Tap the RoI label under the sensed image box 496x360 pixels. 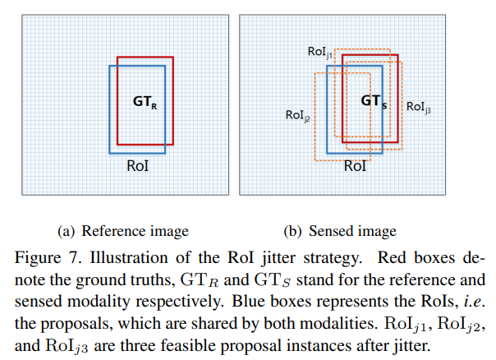point(355,165)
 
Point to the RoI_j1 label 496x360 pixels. point(320,53)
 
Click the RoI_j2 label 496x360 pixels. point(297,117)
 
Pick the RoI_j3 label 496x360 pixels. point(419,107)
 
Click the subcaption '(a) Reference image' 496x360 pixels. point(123,230)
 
